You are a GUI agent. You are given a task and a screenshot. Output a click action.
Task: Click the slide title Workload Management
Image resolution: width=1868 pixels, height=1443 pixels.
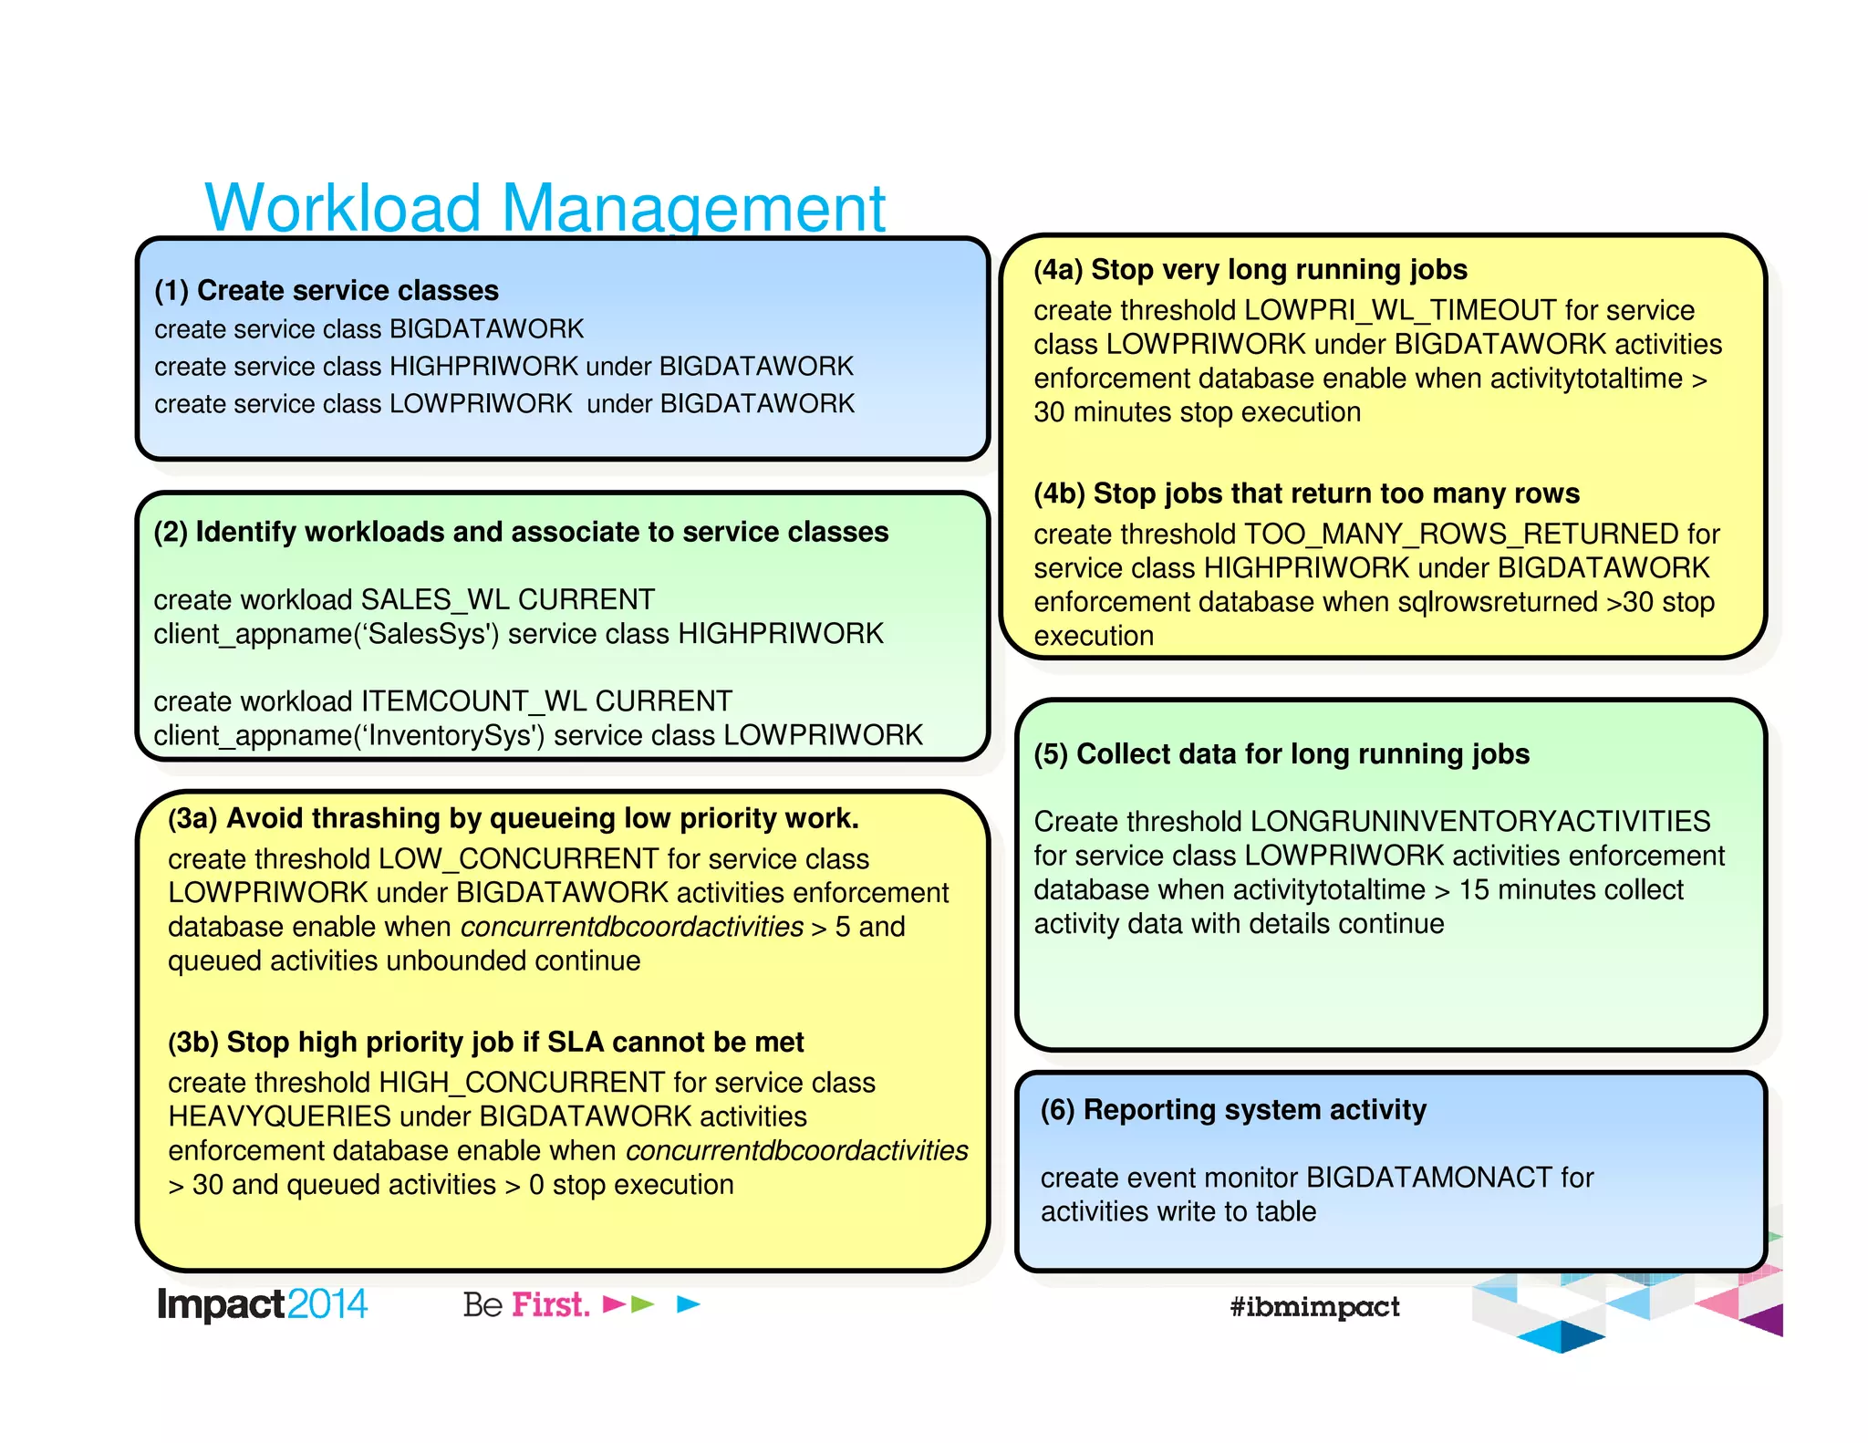point(545,208)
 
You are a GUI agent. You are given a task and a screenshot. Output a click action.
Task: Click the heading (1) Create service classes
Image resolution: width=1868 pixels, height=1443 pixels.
point(327,290)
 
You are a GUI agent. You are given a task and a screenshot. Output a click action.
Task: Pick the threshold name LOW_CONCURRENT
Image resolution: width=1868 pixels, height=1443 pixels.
point(518,858)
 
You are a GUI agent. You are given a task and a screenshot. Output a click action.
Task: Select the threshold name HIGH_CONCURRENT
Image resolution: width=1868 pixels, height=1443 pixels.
point(522,1082)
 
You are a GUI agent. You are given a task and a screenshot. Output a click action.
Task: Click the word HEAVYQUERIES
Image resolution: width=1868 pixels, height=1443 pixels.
point(279,1116)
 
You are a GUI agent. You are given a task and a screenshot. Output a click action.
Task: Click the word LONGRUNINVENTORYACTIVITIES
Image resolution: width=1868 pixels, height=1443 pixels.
point(1479,821)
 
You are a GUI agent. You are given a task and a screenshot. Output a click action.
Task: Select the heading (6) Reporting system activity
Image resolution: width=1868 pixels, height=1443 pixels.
point(1233,1110)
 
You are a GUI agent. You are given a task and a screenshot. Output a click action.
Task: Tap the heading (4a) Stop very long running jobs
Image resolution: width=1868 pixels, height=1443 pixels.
point(1250,270)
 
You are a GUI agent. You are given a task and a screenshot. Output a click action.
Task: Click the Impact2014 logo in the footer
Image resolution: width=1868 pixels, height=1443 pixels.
point(262,1304)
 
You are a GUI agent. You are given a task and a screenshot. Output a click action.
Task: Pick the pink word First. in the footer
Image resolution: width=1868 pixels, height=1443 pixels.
point(551,1304)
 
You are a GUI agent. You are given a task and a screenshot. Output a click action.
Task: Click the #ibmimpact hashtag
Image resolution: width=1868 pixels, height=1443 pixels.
point(1314,1306)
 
